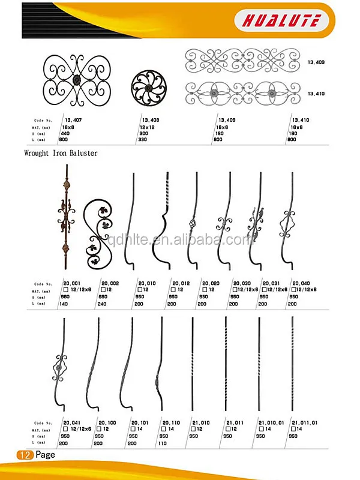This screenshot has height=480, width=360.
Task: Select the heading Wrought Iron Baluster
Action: [61, 153]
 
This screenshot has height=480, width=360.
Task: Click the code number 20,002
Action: [112, 283]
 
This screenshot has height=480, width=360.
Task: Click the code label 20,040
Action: [302, 283]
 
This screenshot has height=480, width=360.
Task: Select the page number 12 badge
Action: [26, 455]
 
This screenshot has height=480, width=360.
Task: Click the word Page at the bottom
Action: [45, 455]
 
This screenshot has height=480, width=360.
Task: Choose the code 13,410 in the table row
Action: [300, 120]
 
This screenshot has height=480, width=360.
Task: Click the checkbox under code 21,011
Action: [228, 430]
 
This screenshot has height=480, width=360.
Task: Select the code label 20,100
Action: [107, 423]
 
